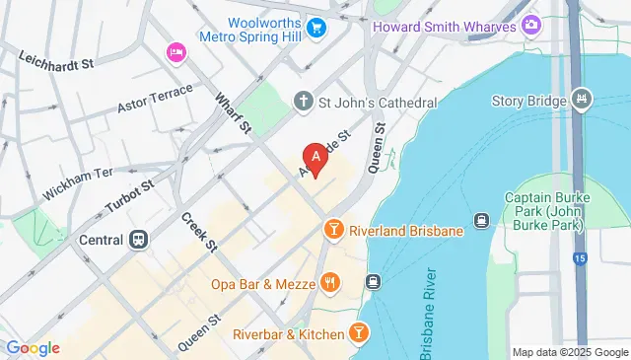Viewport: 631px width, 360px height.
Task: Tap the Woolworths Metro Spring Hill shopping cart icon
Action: coord(316,28)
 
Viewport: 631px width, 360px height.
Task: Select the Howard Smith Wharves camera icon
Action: coord(531,24)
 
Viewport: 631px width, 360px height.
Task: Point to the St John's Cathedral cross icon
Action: coord(304,102)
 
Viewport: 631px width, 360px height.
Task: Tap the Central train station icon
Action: coord(140,240)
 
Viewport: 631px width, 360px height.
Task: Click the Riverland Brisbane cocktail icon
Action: coord(333,231)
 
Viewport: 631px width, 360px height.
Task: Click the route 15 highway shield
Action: coord(580,258)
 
